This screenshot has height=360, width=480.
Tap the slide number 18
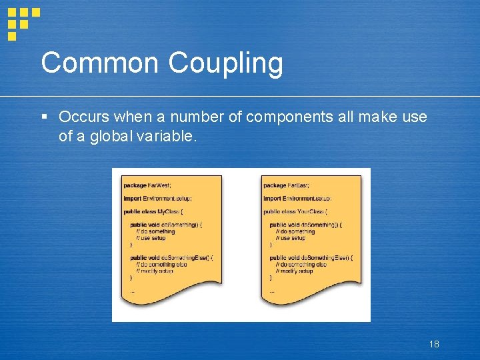click(434, 344)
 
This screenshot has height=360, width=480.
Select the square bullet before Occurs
click(44, 117)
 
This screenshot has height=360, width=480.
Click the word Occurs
click(84, 117)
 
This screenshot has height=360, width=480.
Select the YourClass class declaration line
click(295, 211)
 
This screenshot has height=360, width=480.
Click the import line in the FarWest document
click(158, 198)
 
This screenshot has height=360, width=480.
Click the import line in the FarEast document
click(297, 198)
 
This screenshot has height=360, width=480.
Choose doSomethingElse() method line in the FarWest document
click(171, 257)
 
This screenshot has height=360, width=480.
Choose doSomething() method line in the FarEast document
click(305, 225)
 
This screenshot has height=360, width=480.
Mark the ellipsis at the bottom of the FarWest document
click(132, 291)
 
